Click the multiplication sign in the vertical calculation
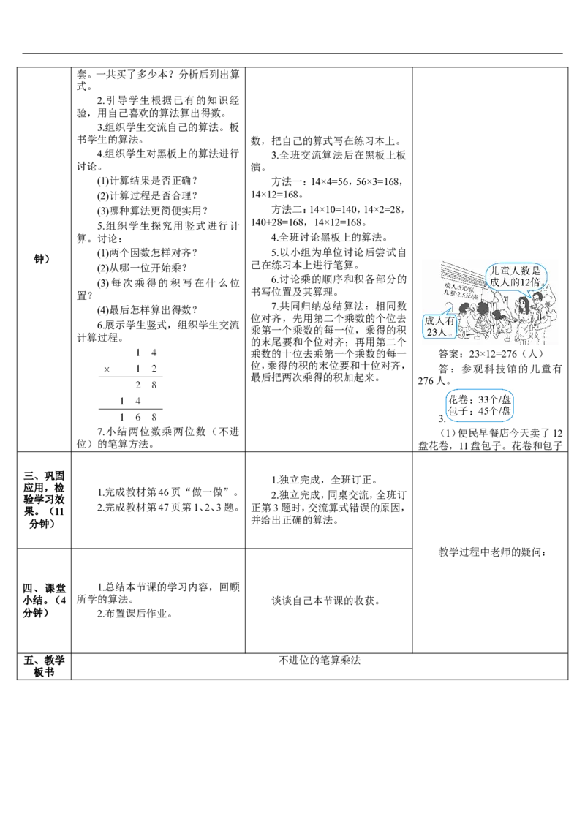tap(106, 368)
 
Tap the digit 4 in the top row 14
tap(154, 352)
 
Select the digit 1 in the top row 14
tap(137, 352)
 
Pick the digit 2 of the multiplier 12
tap(154, 368)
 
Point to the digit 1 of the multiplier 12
tap(137, 368)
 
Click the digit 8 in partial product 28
tap(154, 384)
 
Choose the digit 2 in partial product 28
tap(137, 384)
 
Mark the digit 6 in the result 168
tap(137, 415)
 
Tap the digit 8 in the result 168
tap(154, 415)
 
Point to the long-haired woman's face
tap(524, 305)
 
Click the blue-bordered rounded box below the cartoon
tap(480, 406)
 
